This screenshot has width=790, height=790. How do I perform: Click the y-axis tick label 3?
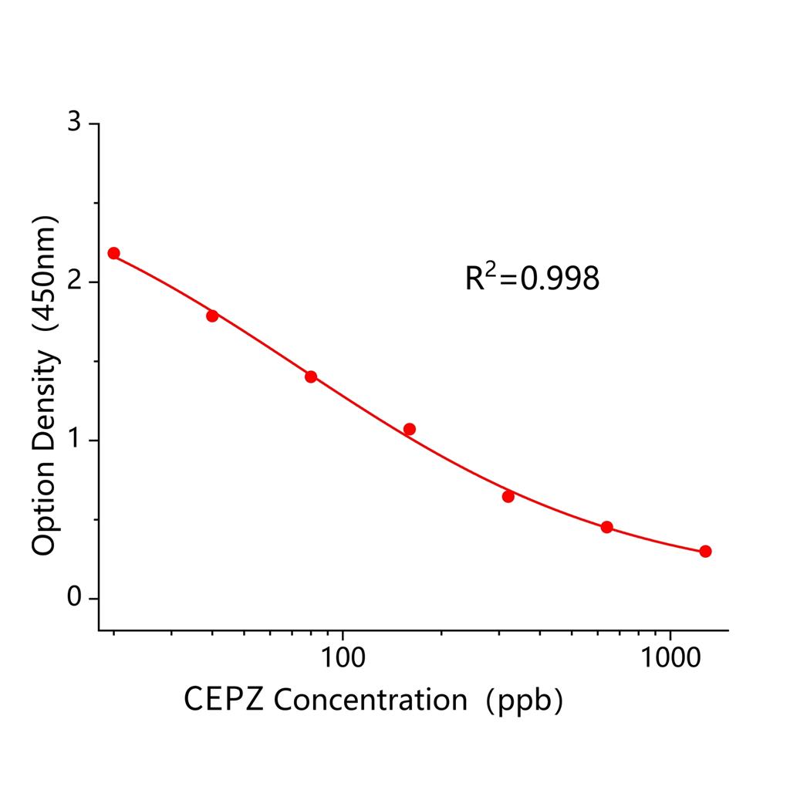click(73, 123)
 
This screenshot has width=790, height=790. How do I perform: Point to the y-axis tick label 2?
click(73, 282)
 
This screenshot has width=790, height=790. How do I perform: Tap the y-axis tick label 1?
click(73, 441)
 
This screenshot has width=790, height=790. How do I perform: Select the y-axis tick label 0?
click(73, 599)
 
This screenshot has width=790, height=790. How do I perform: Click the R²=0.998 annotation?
click(532, 279)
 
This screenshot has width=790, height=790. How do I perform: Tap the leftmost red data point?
click(114, 253)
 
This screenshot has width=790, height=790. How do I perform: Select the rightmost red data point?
click(705, 551)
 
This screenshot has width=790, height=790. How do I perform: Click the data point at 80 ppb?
click(311, 376)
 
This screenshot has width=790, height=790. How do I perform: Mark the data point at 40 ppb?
click(212, 316)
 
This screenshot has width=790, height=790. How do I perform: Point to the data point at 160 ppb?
click(410, 429)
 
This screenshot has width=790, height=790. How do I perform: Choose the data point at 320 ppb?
click(508, 496)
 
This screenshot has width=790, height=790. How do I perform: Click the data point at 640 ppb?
click(607, 527)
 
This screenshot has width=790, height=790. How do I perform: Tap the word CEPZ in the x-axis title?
click(225, 700)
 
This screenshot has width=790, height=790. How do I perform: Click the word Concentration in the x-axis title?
click(370, 700)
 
